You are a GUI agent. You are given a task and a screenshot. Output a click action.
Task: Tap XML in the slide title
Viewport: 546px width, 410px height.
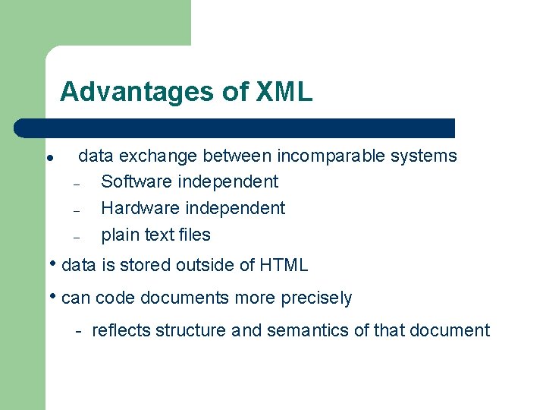click(x=284, y=92)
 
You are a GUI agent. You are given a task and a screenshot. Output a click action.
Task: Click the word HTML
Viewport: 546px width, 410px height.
click(x=284, y=265)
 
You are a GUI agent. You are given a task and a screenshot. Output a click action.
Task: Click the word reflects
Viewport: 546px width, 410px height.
click(x=121, y=330)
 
